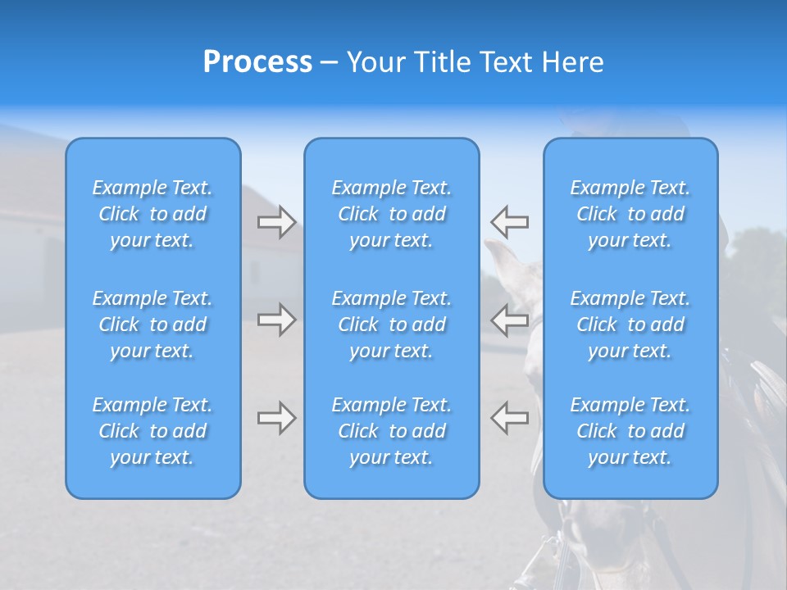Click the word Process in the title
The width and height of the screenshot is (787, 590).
point(257,62)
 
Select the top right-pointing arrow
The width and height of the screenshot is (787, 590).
point(276,222)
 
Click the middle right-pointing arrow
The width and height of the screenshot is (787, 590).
point(276,320)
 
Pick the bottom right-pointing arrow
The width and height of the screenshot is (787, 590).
point(276,418)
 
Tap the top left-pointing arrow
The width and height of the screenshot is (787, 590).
point(509,222)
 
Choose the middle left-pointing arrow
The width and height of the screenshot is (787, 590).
point(509,320)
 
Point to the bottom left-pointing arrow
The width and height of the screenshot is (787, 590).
point(509,418)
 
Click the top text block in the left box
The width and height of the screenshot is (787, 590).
point(152,214)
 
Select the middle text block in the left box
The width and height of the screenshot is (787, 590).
point(152,324)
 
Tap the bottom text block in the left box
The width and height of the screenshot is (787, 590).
point(152,431)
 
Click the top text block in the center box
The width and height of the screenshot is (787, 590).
point(391,214)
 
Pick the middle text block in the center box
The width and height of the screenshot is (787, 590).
point(391,324)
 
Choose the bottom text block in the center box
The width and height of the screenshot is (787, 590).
point(391,431)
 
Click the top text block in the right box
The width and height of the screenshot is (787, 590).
point(630,214)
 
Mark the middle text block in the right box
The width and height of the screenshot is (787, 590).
point(630,324)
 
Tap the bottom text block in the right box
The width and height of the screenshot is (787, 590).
point(630,431)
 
